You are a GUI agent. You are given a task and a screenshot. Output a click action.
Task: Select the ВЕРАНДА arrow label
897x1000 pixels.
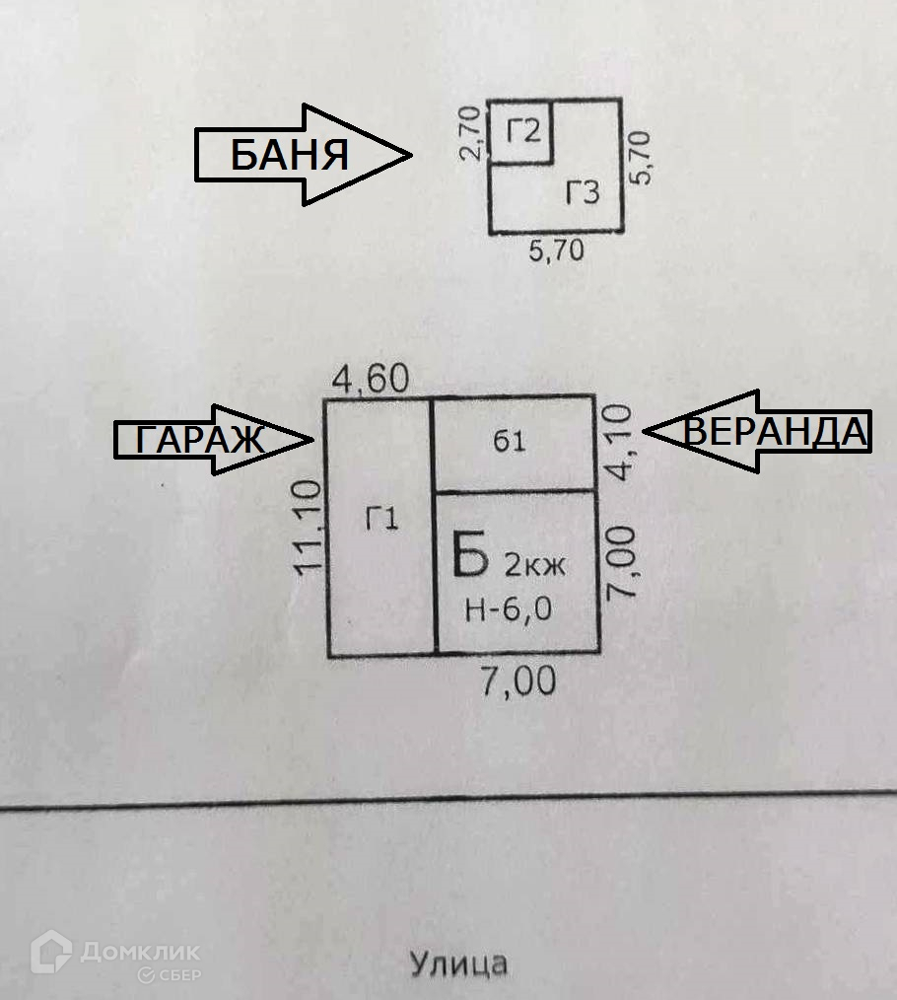[775, 432]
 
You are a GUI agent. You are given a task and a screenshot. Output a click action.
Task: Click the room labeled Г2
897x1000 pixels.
[523, 131]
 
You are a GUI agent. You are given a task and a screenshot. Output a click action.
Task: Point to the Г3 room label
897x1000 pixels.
[582, 192]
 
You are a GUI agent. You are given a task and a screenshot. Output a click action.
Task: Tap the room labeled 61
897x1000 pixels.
[509, 442]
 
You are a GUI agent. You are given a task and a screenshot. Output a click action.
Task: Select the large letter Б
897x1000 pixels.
[470, 554]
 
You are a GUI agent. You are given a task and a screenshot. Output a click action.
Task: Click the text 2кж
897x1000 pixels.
[535, 565]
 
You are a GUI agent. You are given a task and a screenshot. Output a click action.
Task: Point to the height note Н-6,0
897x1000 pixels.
[508, 609]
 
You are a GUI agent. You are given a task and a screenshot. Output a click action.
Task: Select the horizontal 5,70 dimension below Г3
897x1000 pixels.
[556, 250]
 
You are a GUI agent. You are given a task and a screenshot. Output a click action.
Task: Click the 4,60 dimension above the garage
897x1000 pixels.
[371, 380]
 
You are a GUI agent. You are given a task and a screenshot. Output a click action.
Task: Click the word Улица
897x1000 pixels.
[458, 963]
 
